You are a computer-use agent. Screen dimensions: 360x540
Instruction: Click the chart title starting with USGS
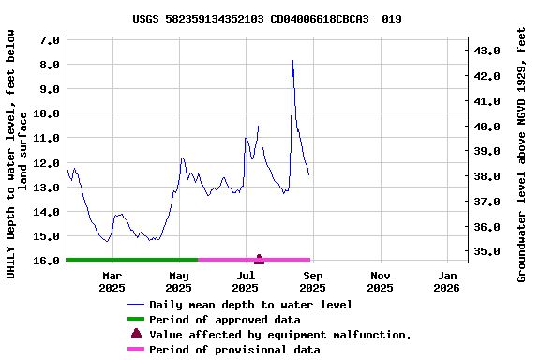(x=267, y=18)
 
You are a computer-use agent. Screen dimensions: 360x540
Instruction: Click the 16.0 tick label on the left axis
(x=48, y=261)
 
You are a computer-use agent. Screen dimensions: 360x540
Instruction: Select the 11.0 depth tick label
(x=48, y=138)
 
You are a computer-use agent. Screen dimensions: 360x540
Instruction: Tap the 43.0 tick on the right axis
(x=490, y=51)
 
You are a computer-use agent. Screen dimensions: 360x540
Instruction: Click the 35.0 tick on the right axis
(x=490, y=252)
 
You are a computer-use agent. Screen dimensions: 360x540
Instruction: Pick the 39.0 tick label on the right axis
(x=490, y=152)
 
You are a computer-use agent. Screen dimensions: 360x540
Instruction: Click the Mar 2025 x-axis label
(x=112, y=281)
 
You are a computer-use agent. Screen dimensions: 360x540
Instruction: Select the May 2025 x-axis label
(x=179, y=281)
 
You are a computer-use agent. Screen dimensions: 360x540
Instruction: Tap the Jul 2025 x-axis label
(x=246, y=281)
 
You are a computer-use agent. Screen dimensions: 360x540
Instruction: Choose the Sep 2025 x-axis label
(x=313, y=281)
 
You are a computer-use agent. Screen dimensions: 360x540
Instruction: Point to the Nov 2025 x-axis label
(x=380, y=281)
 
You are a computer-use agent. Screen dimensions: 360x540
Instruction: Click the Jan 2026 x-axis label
(x=447, y=281)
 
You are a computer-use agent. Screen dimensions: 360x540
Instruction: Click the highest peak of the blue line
(x=292, y=61)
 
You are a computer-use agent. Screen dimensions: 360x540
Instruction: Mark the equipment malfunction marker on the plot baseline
(x=259, y=258)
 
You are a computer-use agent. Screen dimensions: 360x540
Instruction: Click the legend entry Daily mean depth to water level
(x=250, y=305)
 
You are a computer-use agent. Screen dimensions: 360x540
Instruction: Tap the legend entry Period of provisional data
(x=234, y=350)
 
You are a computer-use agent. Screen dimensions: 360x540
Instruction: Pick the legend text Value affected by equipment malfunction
(x=280, y=335)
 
